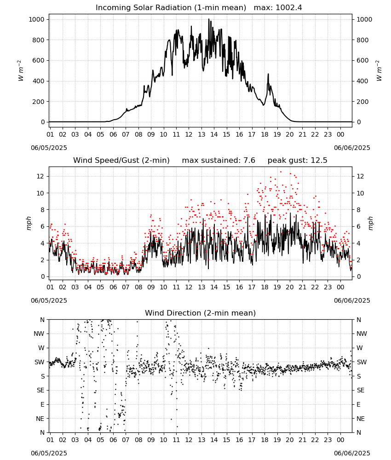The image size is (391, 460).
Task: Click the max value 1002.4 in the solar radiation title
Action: pos(289,8)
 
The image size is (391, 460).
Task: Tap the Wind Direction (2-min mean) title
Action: pos(201,313)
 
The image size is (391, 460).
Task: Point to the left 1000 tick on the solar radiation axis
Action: pos(37,20)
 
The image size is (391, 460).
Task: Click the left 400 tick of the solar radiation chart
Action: pos(39,81)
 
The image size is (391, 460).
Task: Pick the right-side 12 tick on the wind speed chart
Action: pos(360,176)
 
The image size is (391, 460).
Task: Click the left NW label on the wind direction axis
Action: pos(39,334)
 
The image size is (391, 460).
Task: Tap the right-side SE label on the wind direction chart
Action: pos(361,391)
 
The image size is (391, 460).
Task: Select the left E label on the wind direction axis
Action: pos(42,404)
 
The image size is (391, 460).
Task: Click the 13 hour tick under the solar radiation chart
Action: pos(201,135)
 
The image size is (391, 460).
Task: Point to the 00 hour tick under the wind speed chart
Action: pos(340,287)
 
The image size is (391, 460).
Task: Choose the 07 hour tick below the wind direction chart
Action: pos(126,440)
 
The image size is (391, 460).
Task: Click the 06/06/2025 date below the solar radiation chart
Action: pos(352,148)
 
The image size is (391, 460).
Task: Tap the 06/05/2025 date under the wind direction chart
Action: pos(49,453)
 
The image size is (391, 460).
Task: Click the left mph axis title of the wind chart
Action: pos(29,223)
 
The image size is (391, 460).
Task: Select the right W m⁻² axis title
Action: pos(379,71)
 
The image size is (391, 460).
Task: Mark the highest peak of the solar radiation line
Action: pos(209,19)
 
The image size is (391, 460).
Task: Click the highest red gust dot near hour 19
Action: pos(281,172)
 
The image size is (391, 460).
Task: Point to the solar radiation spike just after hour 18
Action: pos(268,74)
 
